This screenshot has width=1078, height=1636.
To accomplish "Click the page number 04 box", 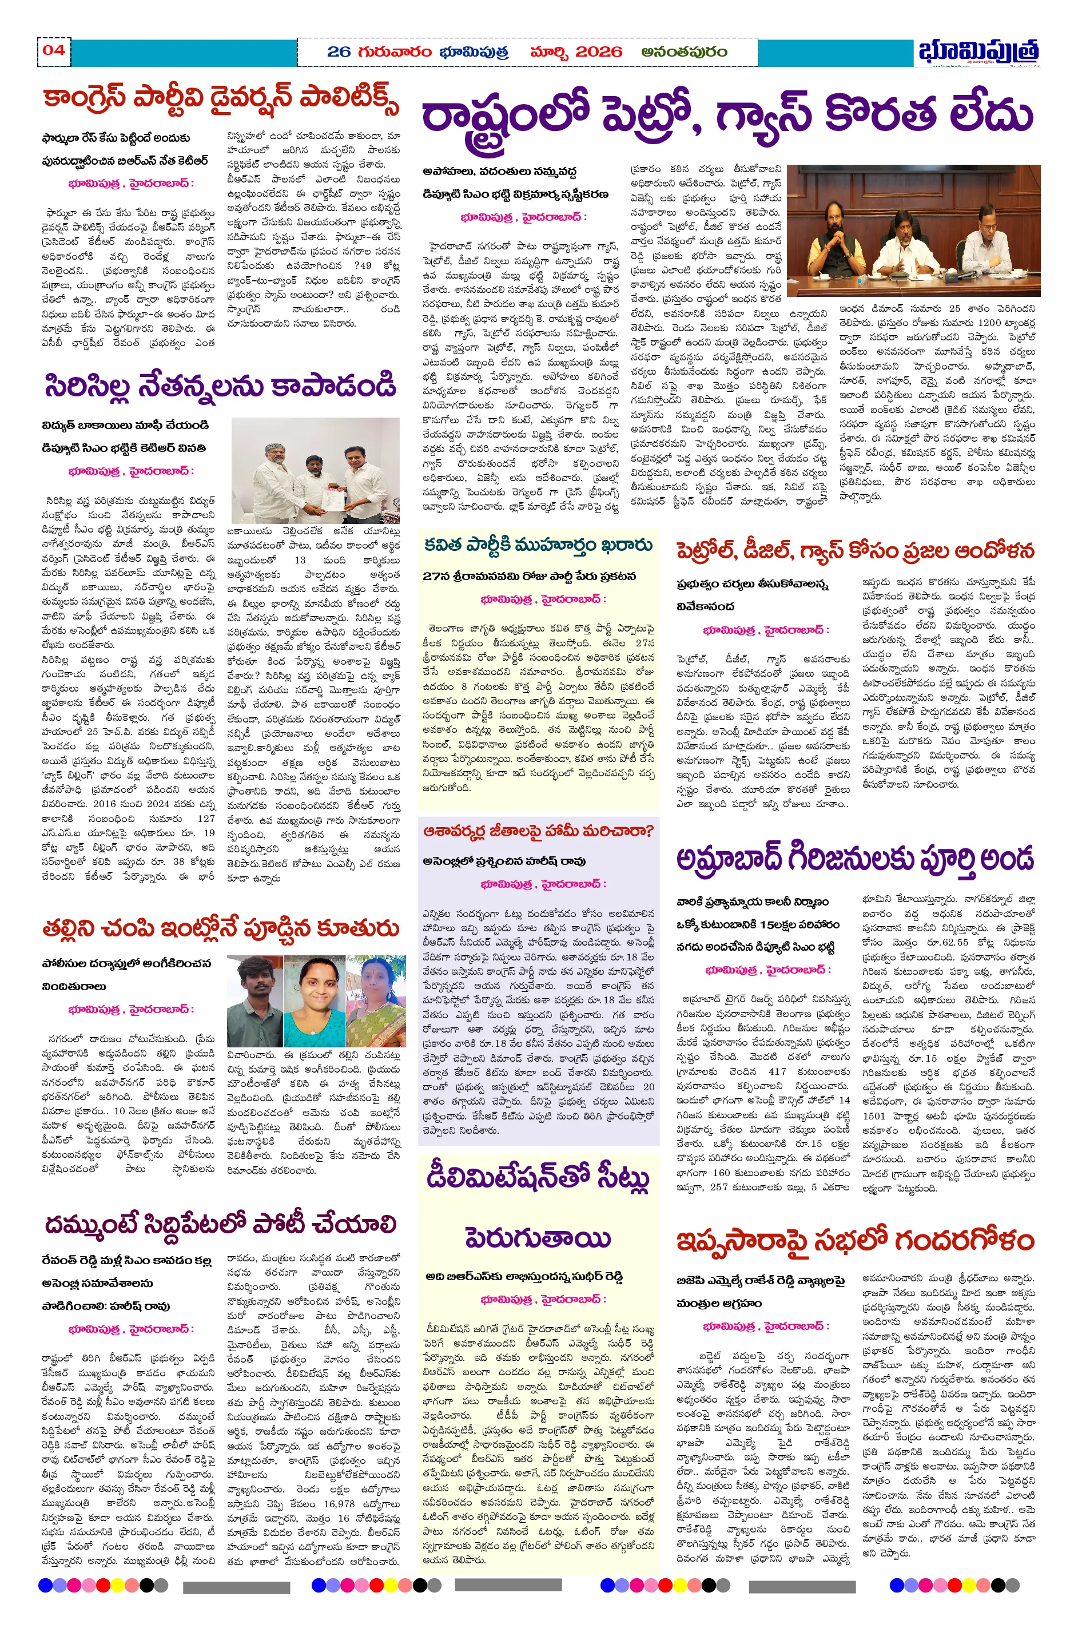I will (x=54, y=50).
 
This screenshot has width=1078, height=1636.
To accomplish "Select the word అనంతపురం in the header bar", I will (x=684, y=51).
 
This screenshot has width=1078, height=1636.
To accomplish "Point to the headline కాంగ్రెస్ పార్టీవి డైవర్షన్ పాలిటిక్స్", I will (x=220, y=100).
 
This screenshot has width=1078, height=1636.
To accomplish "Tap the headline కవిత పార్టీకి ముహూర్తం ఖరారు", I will (x=538, y=545).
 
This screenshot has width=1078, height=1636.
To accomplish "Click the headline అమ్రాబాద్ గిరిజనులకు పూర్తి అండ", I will (x=854, y=859).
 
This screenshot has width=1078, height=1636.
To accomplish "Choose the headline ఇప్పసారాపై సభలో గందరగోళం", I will (x=854, y=1240).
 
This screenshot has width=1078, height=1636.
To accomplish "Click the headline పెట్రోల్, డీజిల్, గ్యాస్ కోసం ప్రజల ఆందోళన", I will (x=854, y=551).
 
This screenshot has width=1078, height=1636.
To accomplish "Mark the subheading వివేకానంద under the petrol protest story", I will (x=705, y=606).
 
